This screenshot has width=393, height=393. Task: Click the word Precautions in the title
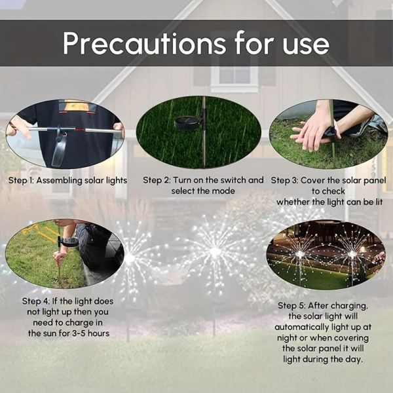click(x=144, y=43)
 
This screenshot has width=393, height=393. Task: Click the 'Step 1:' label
click(x=21, y=181)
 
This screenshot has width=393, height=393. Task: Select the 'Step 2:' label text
click(x=157, y=180)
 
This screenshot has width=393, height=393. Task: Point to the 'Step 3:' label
click(x=284, y=181)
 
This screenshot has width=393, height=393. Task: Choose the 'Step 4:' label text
click(x=35, y=301)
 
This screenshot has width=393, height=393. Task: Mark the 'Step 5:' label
click(x=291, y=306)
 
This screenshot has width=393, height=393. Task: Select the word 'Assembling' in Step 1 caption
click(x=59, y=181)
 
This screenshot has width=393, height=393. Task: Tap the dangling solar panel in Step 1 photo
click(x=59, y=151)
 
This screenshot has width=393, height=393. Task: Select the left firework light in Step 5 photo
click(x=300, y=254)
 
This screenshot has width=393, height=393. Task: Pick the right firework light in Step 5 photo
click(x=352, y=254)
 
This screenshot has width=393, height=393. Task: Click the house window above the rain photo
click(x=234, y=75)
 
